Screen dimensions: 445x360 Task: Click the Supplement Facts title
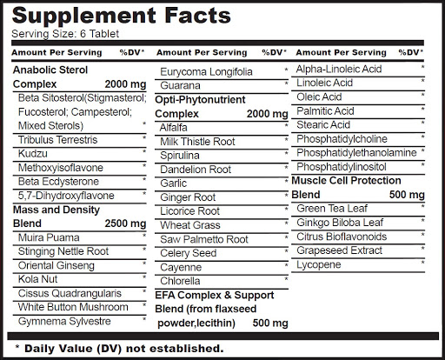122,16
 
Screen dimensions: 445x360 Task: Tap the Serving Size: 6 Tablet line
65,34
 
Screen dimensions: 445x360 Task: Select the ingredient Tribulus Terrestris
57,140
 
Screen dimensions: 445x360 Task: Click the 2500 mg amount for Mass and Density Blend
125,223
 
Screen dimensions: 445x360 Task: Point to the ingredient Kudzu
33,154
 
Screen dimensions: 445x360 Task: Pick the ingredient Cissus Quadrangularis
70,293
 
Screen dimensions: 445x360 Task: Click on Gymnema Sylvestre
64,321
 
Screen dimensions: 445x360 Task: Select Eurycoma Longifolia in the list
206,72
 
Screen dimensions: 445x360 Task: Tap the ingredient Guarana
180,85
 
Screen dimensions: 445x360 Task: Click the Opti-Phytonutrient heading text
200,100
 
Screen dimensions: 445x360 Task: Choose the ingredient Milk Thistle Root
197,142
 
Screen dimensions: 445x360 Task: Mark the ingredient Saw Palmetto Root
204,239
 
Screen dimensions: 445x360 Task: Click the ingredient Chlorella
180,281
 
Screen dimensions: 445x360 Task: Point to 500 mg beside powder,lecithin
270,323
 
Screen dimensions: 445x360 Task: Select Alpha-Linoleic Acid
339,69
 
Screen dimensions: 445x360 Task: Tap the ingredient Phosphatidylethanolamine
356,152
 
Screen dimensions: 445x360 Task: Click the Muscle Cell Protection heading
346,181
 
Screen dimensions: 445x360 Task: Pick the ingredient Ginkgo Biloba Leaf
340,223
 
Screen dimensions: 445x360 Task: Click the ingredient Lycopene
319,265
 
